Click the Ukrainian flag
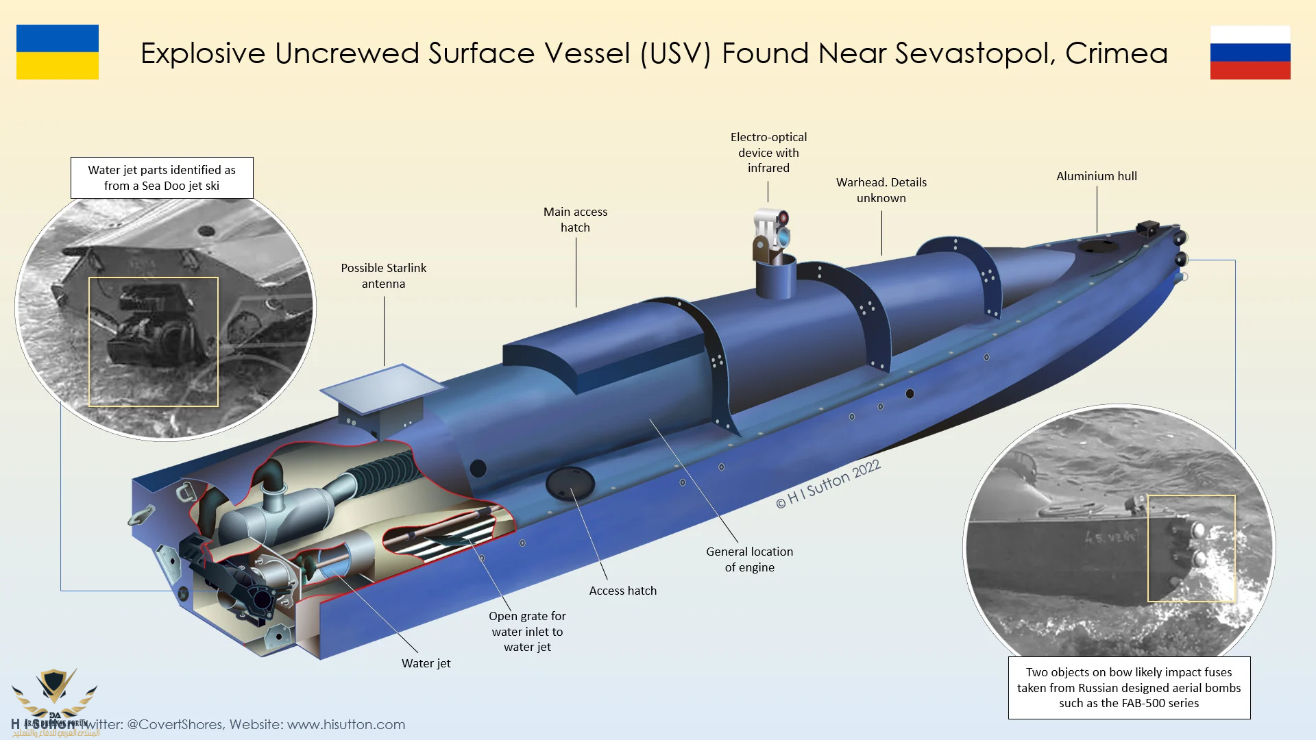pos(58,52)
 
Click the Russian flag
pos(1250,53)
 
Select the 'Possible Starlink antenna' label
pos(384,275)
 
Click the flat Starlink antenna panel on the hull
pos(382,388)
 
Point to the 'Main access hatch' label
pos(575,219)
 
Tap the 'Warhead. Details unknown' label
pos(881,190)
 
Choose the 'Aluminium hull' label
pos(1096,176)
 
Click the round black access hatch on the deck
pos(570,483)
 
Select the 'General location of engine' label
pos(749,559)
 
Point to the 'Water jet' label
pos(426,663)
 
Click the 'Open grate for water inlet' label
pos(527,631)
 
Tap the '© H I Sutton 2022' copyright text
pos(827,484)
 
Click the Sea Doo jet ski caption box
pos(162,177)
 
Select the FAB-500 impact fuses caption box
pos(1129,687)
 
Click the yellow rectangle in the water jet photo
pos(154,342)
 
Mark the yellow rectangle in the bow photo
pos(1191,548)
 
